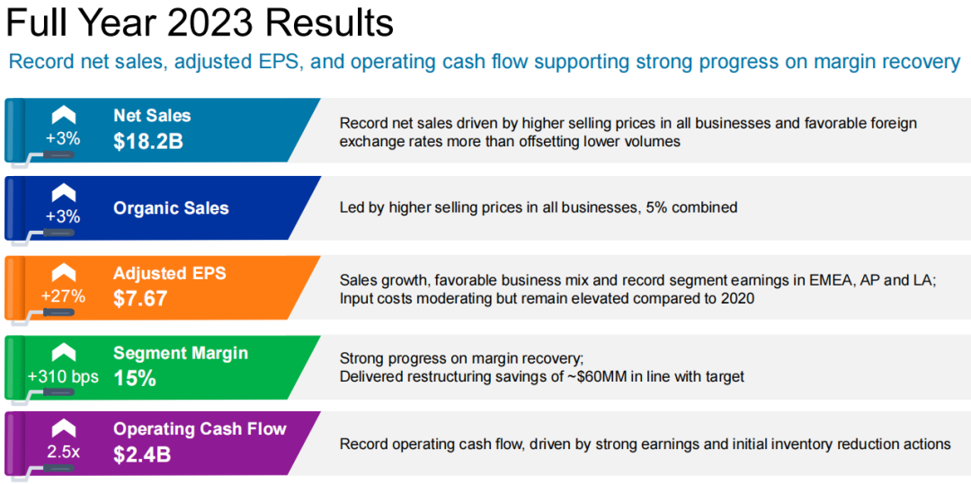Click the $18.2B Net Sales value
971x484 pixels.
[148, 141]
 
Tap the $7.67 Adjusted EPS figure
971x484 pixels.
[140, 298]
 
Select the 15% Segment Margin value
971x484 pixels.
[134, 378]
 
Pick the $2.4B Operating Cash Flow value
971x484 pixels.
[142, 455]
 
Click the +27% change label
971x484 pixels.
[63, 296]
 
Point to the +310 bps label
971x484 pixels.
[63, 376]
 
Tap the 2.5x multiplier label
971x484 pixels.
[63, 452]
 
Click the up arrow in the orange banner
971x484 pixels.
[64, 273]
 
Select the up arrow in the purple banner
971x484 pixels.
[64, 429]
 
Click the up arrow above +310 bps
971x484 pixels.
[64, 352]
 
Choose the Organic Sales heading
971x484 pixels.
[171, 208]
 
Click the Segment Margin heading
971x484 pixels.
[181, 353]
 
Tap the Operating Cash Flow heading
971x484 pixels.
[200, 429]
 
